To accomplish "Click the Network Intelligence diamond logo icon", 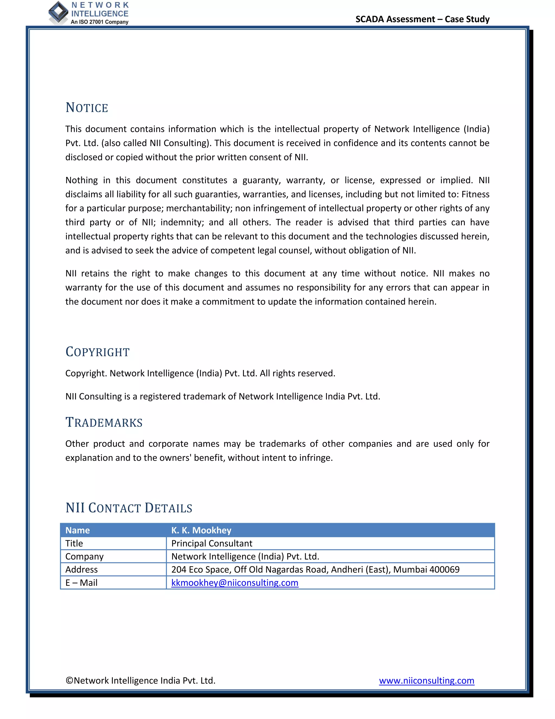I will pos(58,12).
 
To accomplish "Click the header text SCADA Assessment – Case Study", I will pos(422,19).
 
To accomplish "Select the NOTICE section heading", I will pos(87,108).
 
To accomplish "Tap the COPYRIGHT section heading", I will pos(98,352).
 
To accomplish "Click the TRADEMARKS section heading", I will pos(104,422).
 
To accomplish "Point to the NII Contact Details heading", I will pos(129,508).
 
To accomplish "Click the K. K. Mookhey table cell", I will pos(201,530).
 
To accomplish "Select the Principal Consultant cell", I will pos(212,543).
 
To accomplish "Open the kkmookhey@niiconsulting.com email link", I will pos(235,583).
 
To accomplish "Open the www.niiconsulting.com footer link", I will pos(427,680).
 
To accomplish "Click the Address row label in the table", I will pos(82,570).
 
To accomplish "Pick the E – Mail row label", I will pos(81,583).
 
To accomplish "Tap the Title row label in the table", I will pos(74,543).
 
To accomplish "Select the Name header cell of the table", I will pos(78,530).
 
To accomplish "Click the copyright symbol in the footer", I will pos(69,680).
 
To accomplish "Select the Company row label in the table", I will pos(85,557).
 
